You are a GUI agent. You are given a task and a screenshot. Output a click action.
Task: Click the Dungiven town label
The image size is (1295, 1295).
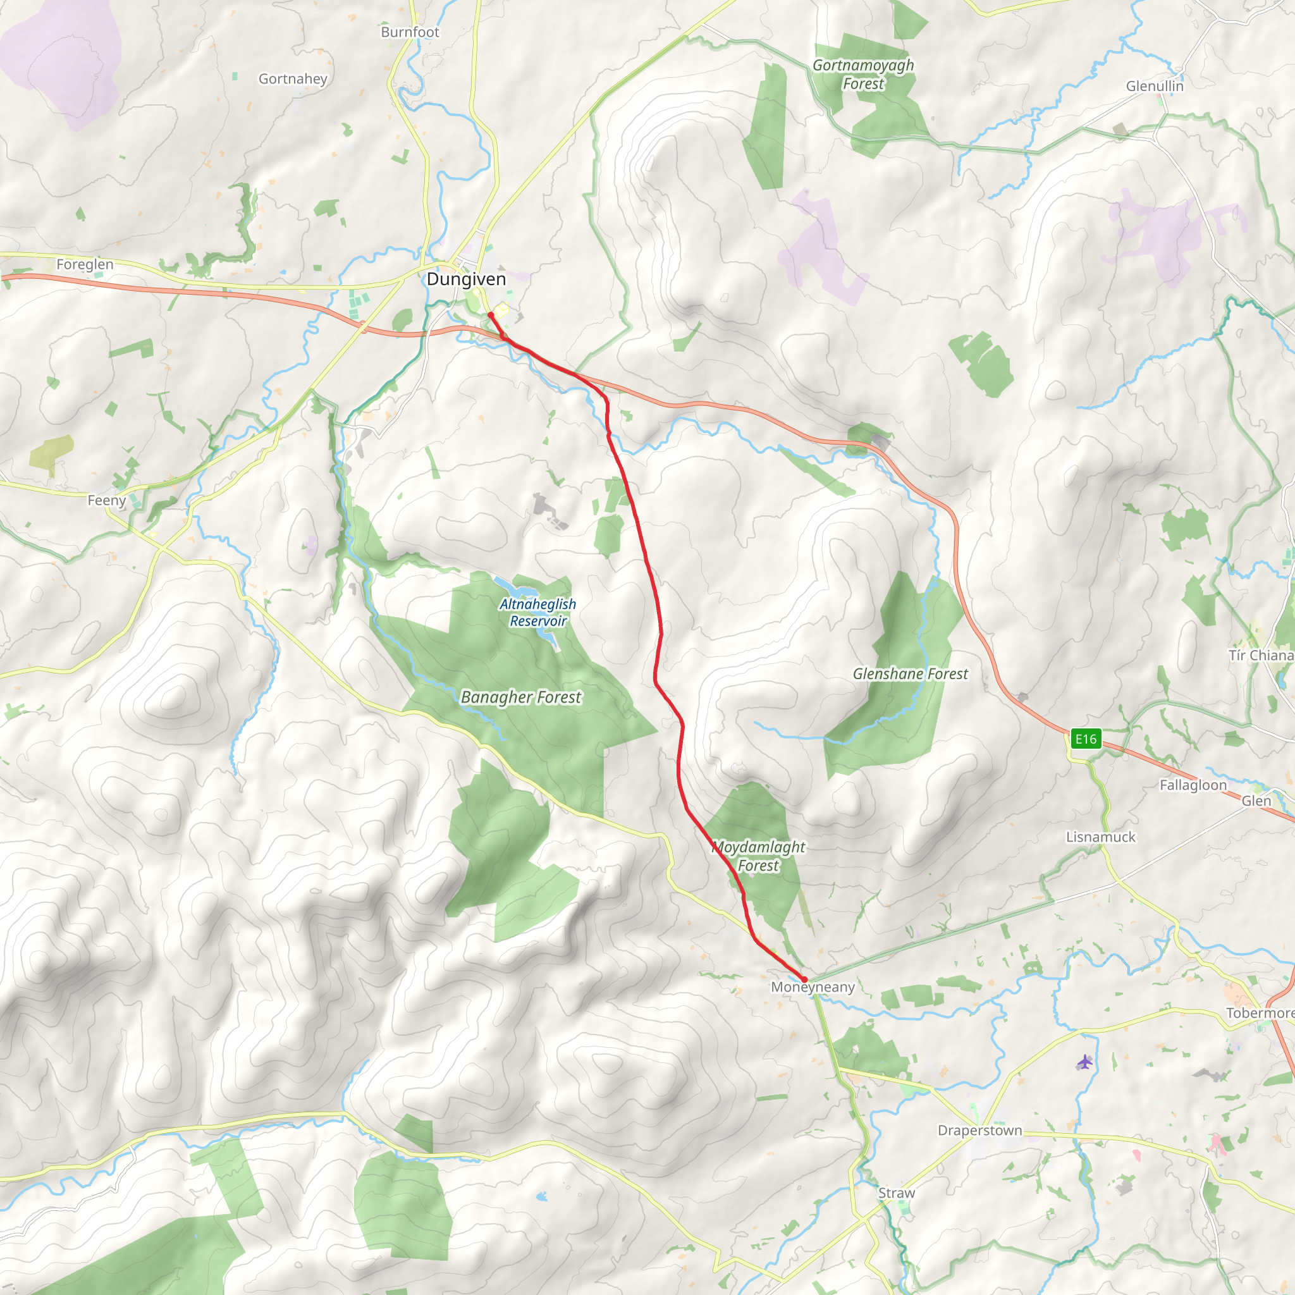pyautogui.click(x=467, y=279)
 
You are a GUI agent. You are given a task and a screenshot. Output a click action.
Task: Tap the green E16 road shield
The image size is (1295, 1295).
pyautogui.click(x=1086, y=739)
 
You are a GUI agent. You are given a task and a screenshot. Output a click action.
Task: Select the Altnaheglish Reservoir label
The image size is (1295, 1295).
pyautogui.click(x=537, y=612)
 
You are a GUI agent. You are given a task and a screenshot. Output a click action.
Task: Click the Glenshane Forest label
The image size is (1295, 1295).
pyautogui.click(x=911, y=673)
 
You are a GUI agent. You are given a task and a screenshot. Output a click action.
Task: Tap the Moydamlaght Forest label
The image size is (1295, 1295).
pyautogui.click(x=758, y=856)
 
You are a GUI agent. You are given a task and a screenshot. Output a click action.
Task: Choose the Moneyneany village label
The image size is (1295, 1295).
pyautogui.click(x=813, y=986)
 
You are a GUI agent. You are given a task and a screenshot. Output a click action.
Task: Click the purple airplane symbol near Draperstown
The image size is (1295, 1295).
pyautogui.click(x=1084, y=1062)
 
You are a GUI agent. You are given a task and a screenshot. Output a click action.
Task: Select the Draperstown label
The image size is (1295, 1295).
pyautogui.click(x=979, y=1130)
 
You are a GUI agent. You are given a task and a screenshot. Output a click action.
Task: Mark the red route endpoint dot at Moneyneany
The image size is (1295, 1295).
pyautogui.click(x=804, y=979)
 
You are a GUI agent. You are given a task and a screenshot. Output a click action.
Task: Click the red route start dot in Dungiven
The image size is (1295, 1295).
pyautogui.click(x=491, y=314)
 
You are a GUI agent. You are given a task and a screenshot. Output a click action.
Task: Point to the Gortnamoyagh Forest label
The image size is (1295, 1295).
pyautogui.click(x=863, y=75)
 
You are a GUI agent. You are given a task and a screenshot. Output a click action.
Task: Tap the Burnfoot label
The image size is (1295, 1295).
pyautogui.click(x=410, y=32)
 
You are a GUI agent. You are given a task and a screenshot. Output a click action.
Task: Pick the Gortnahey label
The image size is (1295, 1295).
pyautogui.click(x=293, y=79)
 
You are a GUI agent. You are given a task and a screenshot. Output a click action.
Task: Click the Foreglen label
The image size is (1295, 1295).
pyautogui.click(x=85, y=264)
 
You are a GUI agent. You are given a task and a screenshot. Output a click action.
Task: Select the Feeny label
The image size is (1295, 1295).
pyautogui.click(x=107, y=500)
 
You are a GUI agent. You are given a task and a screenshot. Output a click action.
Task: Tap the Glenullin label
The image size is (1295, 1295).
pyautogui.click(x=1155, y=86)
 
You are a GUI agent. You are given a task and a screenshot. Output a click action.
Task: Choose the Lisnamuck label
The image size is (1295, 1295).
pyautogui.click(x=1101, y=837)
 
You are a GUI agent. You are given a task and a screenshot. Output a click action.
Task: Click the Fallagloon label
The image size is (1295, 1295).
pyautogui.click(x=1193, y=785)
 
